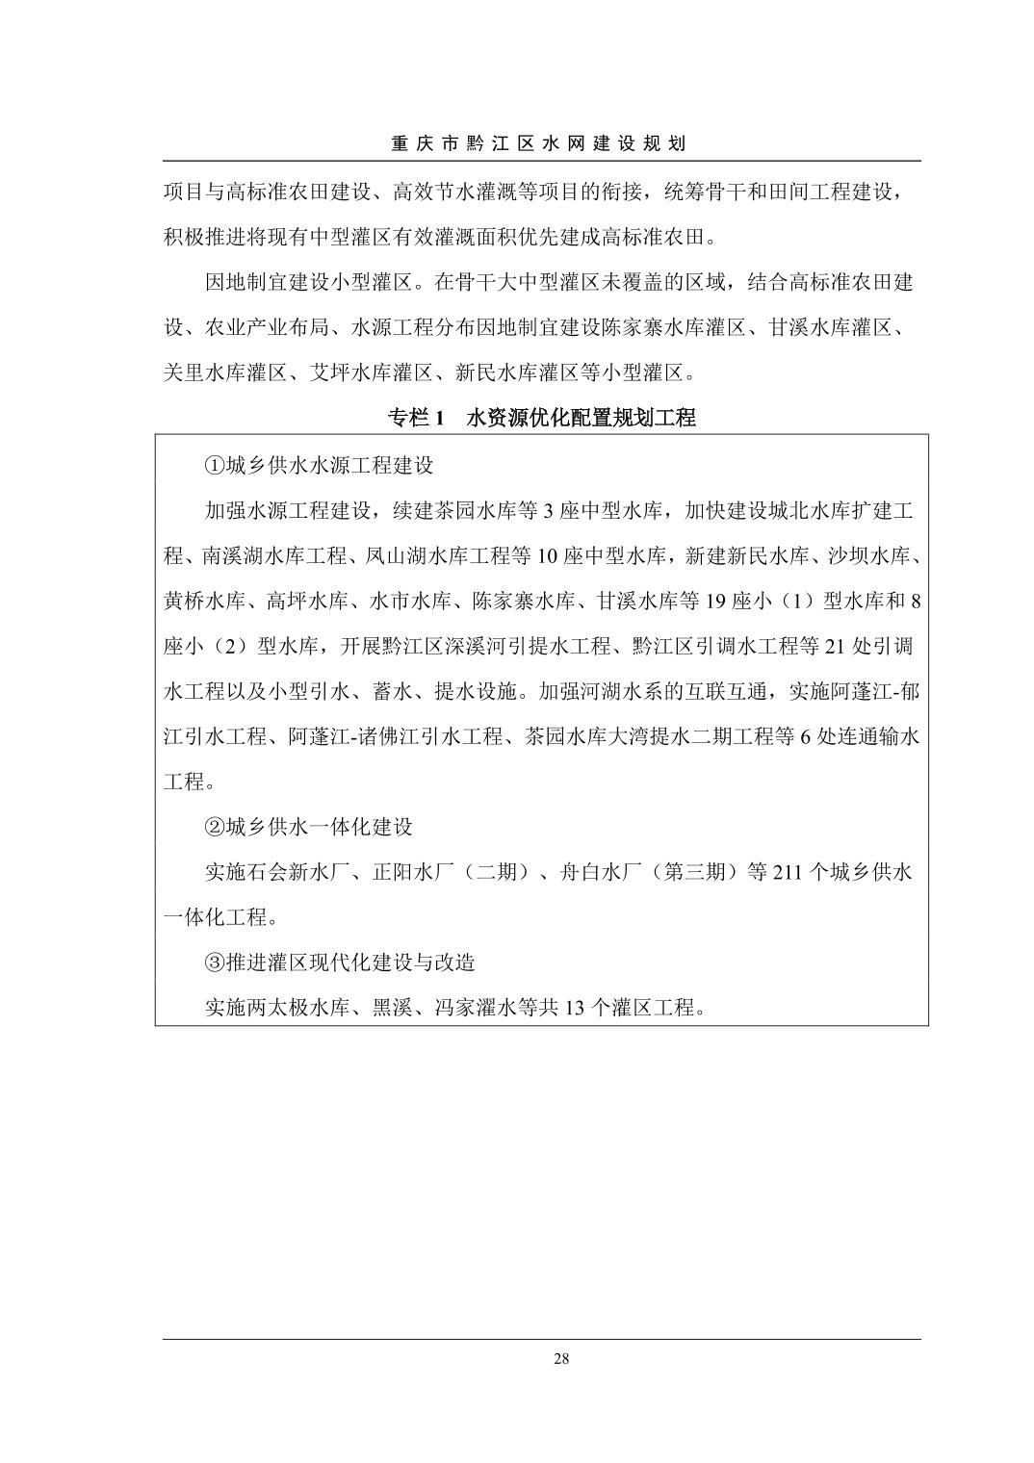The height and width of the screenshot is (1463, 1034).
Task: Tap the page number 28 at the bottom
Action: [562, 1359]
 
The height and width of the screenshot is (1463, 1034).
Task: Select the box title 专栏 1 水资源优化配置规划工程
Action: [541, 418]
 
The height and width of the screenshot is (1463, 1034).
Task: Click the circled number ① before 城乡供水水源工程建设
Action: [214, 466]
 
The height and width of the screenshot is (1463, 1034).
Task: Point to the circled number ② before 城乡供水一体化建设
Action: [214, 827]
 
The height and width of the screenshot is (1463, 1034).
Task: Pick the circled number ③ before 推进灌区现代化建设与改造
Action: [214, 962]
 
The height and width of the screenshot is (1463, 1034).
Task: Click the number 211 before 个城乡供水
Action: [788, 873]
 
